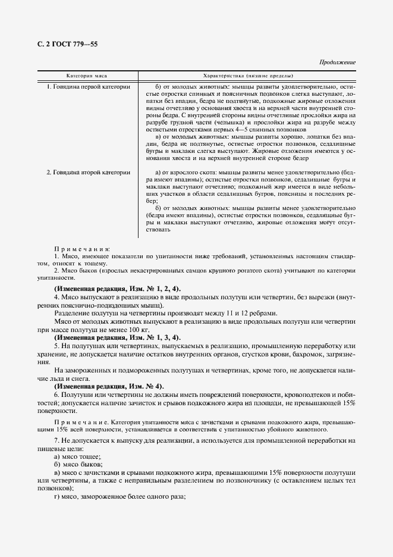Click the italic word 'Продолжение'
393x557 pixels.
(337, 62)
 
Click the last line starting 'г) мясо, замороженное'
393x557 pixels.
(120, 496)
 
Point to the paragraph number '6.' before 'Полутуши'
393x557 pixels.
(56, 395)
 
